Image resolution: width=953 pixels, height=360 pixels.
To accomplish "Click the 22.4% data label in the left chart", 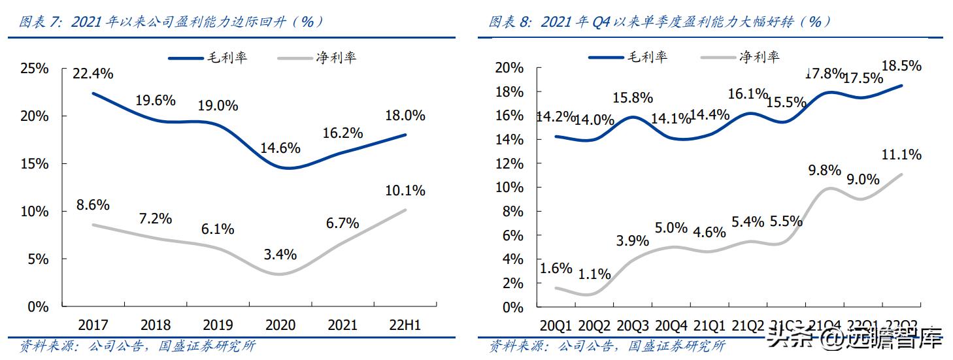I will point(93,74).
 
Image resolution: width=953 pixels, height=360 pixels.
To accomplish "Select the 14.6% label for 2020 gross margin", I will point(280,147).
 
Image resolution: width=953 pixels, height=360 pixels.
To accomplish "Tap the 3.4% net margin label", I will point(280,254).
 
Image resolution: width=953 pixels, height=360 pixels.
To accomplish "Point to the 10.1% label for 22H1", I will point(405,191).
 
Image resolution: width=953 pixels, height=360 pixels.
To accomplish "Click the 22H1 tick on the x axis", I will point(405,325).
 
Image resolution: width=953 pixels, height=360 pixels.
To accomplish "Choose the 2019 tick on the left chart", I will point(218,325).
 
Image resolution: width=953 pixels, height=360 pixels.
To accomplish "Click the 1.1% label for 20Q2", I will point(594,274).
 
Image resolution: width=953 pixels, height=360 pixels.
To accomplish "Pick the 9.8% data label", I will point(824,170).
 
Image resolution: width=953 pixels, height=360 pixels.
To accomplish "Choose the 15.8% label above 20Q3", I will point(632,98).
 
